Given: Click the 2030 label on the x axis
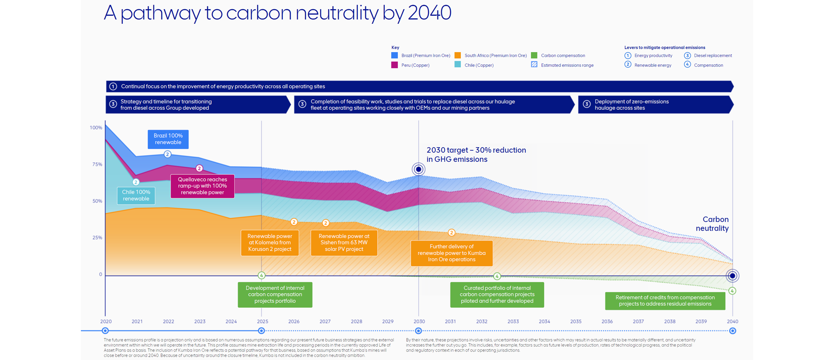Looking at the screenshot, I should coord(419,321).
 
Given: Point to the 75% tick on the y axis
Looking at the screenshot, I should coord(97,164).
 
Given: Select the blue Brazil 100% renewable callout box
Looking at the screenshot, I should coord(168,139).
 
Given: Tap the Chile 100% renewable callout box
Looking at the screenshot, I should coord(136,195).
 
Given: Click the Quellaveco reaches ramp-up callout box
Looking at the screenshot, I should coord(202,186).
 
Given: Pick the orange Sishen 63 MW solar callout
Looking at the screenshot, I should coord(344,243).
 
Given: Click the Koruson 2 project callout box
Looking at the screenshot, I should coord(270,243).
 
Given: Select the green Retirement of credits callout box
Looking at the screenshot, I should coord(665,301).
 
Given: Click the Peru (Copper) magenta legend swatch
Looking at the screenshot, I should coord(394,65).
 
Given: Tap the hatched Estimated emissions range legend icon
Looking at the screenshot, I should coord(534,65).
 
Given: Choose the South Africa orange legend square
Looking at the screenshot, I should coord(458,55).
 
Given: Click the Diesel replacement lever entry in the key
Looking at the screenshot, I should coord(713,55).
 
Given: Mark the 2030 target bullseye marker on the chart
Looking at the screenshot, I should coord(419,169).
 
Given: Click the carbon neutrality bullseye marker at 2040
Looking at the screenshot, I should coord(732,276).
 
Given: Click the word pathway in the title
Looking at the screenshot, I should coord(161,13).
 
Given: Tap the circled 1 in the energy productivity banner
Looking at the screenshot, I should coord(113,86).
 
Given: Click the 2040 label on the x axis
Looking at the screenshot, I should coord(732,321).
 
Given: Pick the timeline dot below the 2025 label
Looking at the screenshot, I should coord(261,331).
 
